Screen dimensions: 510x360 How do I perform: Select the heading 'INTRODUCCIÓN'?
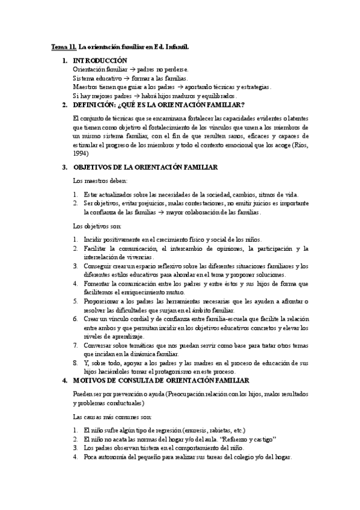pos(100,61)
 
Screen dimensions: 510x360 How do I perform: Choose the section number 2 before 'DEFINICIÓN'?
pos(65,105)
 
